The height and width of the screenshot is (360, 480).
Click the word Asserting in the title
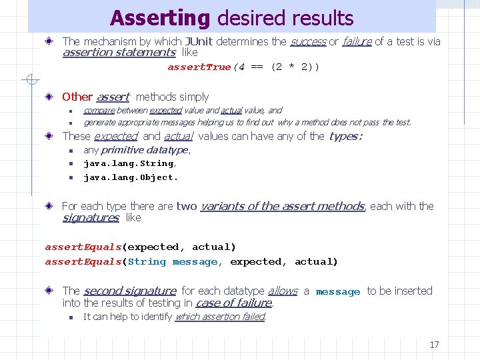coord(160,17)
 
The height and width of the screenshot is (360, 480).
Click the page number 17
coord(434,345)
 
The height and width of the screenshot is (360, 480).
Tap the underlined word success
coord(308,42)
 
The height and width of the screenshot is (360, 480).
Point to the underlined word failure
coord(357,42)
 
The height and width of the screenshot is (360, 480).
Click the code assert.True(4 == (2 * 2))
coord(243,67)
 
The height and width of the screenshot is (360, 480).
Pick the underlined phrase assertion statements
coord(119,53)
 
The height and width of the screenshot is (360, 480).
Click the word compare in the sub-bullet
coord(99,111)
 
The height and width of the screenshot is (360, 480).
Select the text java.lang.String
coord(129,163)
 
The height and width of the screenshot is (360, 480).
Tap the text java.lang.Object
coord(130,177)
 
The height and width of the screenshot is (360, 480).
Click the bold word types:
coord(345,137)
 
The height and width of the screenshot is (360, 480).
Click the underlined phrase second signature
coord(129,291)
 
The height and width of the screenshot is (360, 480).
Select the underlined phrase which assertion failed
coord(220,317)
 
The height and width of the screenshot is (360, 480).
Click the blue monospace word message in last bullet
coord(337,292)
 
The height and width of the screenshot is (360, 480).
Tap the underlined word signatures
coord(90,218)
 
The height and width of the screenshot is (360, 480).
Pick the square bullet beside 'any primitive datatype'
coord(70,151)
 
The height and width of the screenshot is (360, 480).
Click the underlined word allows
coord(283,291)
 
